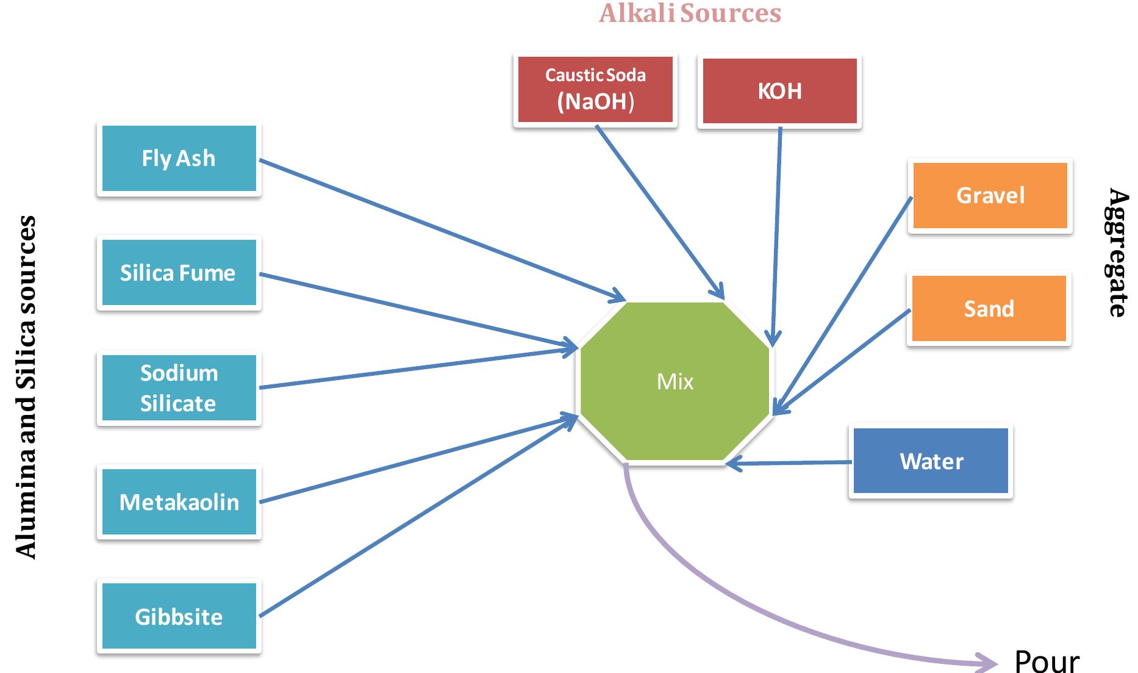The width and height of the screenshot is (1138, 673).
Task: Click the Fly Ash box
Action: pyautogui.click(x=179, y=159)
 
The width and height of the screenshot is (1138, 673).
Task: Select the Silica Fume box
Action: pyautogui.click(x=179, y=273)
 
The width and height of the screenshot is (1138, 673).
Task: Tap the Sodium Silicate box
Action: pyautogui.click(x=179, y=387)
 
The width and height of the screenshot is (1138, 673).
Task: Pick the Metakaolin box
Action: pyautogui.click(x=179, y=502)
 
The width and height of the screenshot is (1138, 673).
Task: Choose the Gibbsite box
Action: pyautogui.click(x=179, y=616)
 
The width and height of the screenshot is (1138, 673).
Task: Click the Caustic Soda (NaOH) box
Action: pyautogui.click(x=595, y=90)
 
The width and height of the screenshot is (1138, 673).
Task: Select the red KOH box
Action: pyautogui.click(x=779, y=91)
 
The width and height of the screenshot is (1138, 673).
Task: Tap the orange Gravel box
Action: pyautogui.click(x=990, y=195)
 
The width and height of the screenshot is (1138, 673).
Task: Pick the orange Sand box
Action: pyautogui.click(x=989, y=309)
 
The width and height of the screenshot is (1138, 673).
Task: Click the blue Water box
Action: pyautogui.click(x=931, y=461)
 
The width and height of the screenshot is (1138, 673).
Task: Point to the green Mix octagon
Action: pyautogui.click(x=675, y=381)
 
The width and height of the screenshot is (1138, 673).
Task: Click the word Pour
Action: pyautogui.click(x=1047, y=660)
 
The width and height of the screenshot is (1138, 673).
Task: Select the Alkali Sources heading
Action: pyautogui.click(x=690, y=13)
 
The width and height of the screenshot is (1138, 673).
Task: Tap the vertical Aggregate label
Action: pyautogui.click(x=1117, y=252)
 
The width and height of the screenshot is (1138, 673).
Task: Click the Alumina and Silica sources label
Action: pyautogui.click(x=26, y=387)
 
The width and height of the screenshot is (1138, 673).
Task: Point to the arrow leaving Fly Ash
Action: pyautogui.click(x=439, y=229)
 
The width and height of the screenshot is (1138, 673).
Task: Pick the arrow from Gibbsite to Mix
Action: pyautogui.click(x=421, y=516)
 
